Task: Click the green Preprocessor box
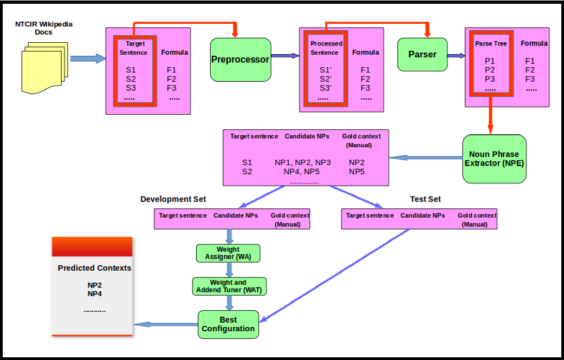point(240,60)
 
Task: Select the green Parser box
point(422,55)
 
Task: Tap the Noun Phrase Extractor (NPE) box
point(494,158)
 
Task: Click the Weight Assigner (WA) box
point(228,253)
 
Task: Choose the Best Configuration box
point(228,324)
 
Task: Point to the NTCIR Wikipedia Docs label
point(44,28)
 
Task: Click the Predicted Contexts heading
point(94,268)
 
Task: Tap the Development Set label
point(173,199)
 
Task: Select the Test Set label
point(425,199)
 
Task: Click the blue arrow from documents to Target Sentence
point(87,58)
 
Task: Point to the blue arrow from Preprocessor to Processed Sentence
point(285,55)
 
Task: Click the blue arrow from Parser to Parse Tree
point(456,55)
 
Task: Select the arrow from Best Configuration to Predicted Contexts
point(165,324)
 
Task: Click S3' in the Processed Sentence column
point(325,88)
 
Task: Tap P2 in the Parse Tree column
point(490,70)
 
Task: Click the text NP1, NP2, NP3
point(302,162)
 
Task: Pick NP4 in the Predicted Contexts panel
point(95,293)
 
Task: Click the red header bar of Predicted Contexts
point(92,246)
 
